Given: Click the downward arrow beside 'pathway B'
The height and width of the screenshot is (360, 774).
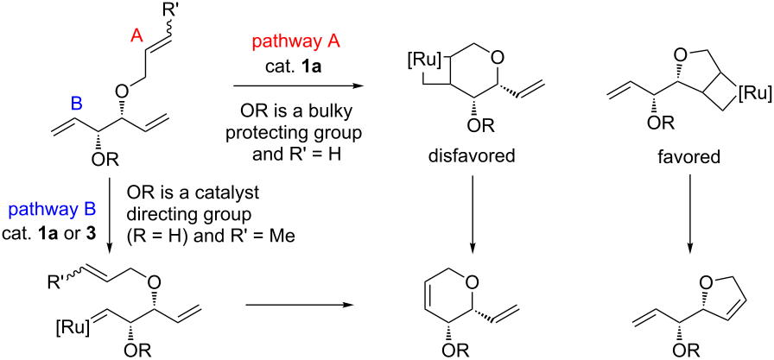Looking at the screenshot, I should click(111, 207).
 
